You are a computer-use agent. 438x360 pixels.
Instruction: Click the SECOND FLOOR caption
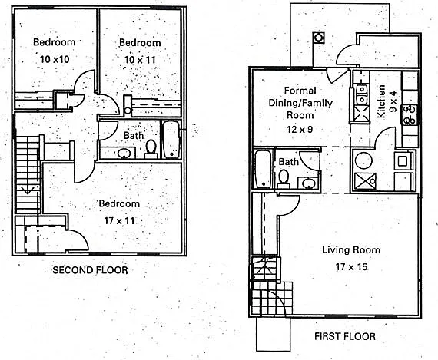tap(90, 270)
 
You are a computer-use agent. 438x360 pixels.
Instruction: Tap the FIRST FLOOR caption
tap(345, 336)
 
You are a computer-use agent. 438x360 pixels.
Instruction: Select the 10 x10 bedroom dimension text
tap(55, 59)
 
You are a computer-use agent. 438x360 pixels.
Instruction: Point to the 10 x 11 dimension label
tap(140, 60)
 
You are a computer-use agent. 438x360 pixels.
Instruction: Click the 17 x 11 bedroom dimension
tap(119, 221)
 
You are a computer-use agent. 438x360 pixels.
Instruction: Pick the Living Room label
tap(351, 249)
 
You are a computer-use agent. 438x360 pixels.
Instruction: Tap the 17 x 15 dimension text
tap(351, 267)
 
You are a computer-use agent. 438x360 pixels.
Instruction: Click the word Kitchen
tap(381, 101)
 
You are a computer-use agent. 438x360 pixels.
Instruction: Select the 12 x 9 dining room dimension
tap(300, 129)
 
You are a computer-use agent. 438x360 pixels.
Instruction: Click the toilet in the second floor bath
tap(151, 150)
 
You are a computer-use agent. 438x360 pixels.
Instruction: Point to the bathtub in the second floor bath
tap(171, 139)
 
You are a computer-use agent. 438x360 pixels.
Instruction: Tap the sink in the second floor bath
tap(124, 154)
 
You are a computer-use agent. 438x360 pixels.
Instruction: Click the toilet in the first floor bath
tap(284, 179)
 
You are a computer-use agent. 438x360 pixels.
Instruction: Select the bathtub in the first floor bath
tap(263, 169)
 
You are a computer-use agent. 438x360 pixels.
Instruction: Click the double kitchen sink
tap(361, 94)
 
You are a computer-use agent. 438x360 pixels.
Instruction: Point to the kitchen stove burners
tap(410, 114)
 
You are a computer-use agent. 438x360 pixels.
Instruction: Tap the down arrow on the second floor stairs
tap(28, 190)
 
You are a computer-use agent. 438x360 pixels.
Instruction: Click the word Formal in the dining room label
tap(300, 91)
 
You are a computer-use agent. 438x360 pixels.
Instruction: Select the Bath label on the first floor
tap(289, 162)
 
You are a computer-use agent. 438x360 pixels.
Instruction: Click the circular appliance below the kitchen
tap(363, 160)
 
